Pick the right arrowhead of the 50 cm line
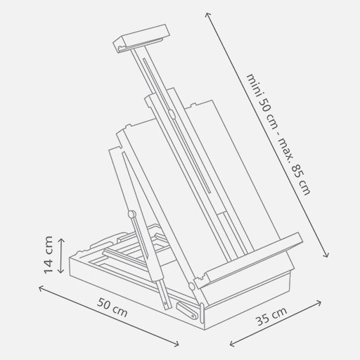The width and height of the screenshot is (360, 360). coord(179,345)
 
